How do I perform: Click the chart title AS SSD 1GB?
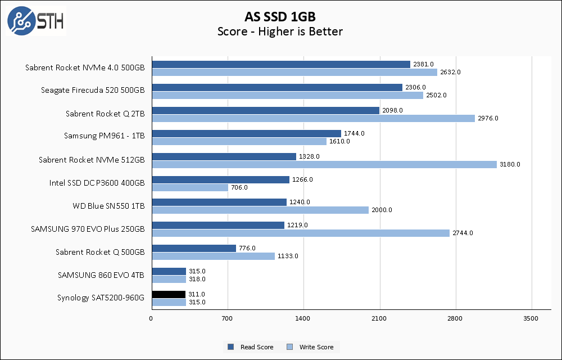click(x=280, y=15)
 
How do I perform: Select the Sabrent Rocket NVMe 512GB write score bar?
click(x=324, y=164)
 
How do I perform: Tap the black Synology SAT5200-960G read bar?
click(x=169, y=294)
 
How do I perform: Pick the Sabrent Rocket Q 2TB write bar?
click(x=314, y=118)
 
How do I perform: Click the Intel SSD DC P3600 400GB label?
click(x=97, y=183)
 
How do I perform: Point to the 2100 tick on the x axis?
click(x=379, y=319)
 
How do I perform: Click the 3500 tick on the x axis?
click(x=531, y=319)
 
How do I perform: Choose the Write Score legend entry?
click(x=310, y=347)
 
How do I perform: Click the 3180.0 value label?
click(x=510, y=164)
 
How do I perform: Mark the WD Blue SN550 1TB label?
click(x=108, y=206)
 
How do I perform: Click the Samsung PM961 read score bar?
click(x=246, y=133)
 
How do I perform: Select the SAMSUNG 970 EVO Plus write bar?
click(x=301, y=233)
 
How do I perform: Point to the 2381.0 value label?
click(x=423, y=64)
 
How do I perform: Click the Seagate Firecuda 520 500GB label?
click(x=93, y=91)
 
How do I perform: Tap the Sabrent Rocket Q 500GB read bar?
click(x=194, y=248)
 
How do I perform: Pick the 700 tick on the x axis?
click(x=228, y=319)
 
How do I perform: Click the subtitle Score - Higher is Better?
click(x=280, y=31)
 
